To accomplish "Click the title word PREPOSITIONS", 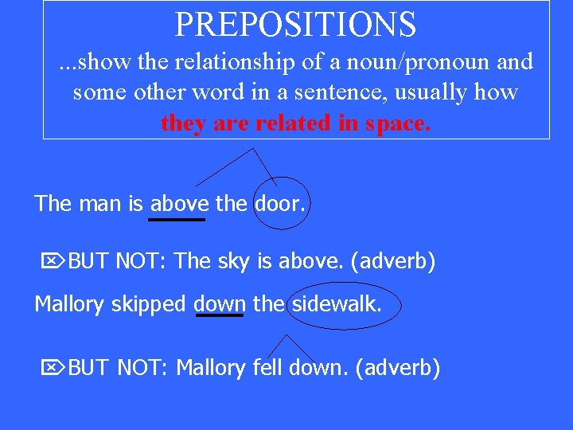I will pos(295,24).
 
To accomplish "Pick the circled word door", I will pos(279,203).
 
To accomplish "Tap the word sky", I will pos(234,260).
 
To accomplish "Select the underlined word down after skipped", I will pos(220,303).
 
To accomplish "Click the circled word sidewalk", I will pos(337,303).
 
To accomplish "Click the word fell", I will pos(268,368).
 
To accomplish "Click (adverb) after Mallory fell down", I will pos(397,368).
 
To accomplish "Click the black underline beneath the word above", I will pos(177,218).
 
